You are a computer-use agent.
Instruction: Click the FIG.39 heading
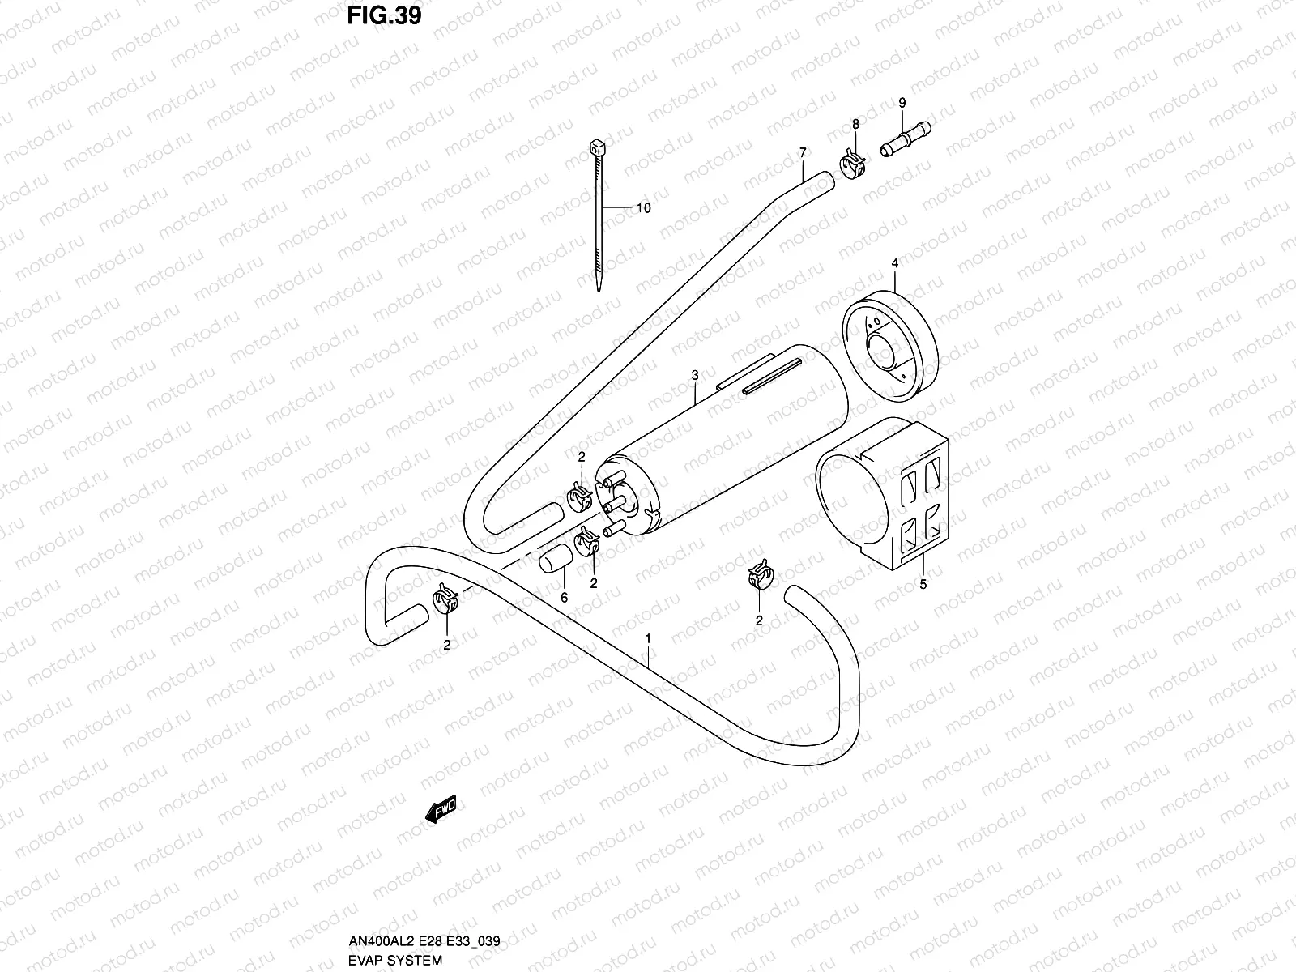(384, 16)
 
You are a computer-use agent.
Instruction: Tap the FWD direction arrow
(441, 809)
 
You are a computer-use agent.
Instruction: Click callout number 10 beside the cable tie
(642, 208)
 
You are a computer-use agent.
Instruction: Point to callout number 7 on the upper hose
(802, 152)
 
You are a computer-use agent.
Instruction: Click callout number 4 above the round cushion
(894, 263)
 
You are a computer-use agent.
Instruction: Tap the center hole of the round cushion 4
(880, 355)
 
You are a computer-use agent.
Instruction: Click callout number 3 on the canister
(695, 375)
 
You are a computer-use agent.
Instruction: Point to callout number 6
(565, 597)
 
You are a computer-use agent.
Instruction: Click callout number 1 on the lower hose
(648, 639)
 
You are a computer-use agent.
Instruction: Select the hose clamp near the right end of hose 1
(759, 578)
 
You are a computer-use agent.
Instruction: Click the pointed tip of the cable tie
(598, 288)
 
